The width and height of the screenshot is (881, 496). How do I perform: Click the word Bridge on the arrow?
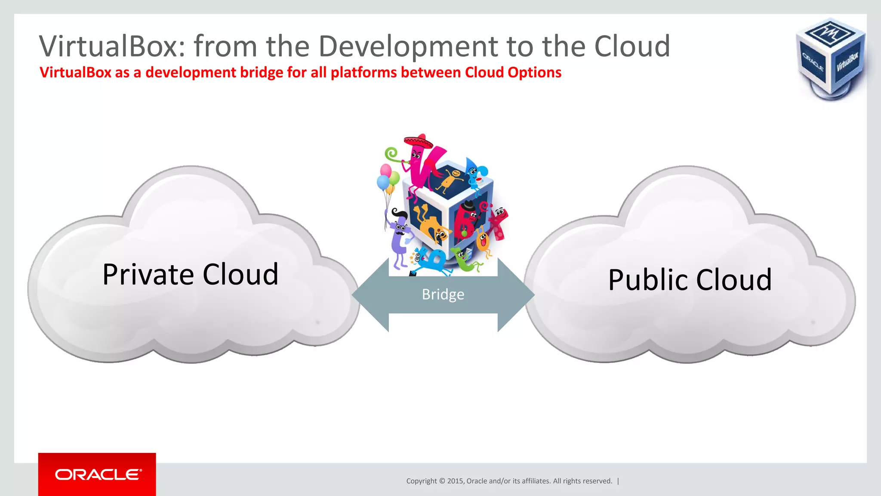pyautogui.click(x=443, y=294)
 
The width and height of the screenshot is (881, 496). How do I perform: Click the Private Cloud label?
pyautogui.click(x=191, y=274)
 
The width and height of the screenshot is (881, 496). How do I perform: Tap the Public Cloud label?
pyautogui.click(x=690, y=280)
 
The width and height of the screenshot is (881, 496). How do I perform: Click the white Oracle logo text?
pyautogui.click(x=98, y=474)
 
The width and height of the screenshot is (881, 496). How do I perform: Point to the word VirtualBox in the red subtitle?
pyautogui.click(x=76, y=72)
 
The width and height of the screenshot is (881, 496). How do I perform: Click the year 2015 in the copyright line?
pyautogui.click(x=455, y=481)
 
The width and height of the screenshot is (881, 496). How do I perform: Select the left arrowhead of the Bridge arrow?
pyautogui.click(x=370, y=295)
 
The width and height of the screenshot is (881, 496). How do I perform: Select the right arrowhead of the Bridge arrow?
pyautogui.click(x=516, y=295)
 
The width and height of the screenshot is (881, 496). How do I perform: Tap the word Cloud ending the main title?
pyautogui.click(x=632, y=46)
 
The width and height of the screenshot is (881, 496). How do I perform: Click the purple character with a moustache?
pyautogui.click(x=400, y=237)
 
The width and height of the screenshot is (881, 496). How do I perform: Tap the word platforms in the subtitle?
pyautogui.click(x=363, y=72)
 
